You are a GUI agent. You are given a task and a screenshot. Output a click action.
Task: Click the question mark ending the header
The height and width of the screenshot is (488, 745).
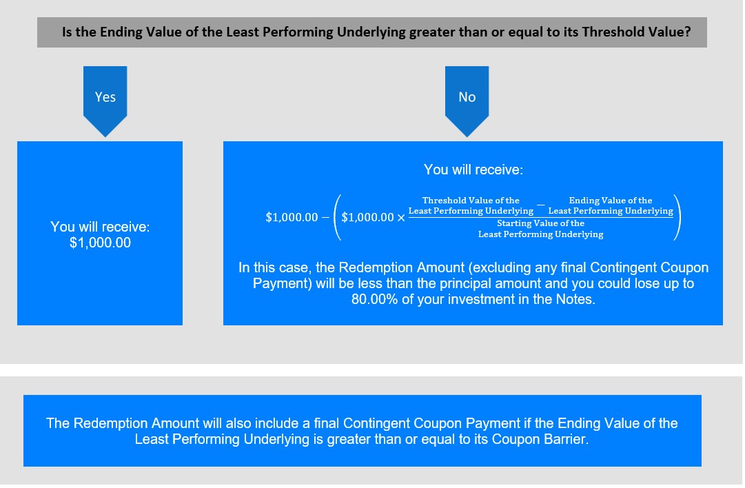(688, 32)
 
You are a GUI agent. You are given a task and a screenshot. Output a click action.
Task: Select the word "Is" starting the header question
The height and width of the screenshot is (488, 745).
(67, 32)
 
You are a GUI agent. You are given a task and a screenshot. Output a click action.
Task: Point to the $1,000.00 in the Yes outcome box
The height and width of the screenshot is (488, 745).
(100, 243)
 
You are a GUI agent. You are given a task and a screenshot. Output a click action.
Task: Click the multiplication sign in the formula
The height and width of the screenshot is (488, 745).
(401, 218)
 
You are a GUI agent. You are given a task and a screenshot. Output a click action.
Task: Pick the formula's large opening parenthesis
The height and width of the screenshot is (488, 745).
(338, 216)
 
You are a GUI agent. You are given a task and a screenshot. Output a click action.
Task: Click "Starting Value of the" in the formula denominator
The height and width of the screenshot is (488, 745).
(541, 223)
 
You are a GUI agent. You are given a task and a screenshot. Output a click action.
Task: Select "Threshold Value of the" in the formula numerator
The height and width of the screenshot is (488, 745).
(471, 200)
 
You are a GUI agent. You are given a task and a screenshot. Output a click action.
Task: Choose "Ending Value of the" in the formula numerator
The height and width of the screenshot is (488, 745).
(611, 200)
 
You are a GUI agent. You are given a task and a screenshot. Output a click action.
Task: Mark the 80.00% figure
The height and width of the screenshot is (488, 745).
(374, 299)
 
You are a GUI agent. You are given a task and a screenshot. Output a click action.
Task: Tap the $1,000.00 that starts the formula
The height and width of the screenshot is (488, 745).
(292, 217)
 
